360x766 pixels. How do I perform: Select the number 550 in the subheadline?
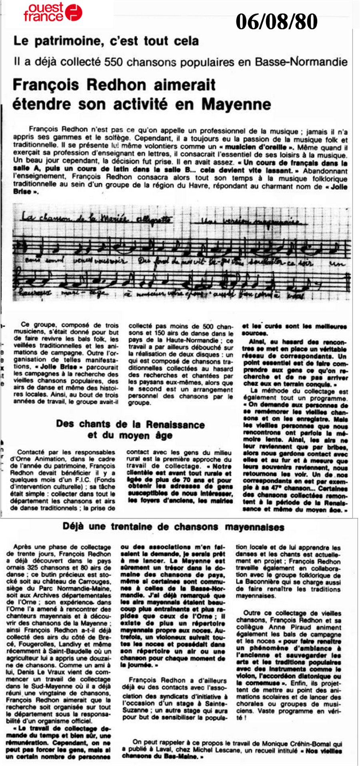pyautogui.click(x=114, y=62)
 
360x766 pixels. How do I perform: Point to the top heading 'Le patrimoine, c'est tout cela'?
pyautogui.click(x=106, y=41)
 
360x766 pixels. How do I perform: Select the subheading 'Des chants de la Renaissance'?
pyautogui.click(x=130, y=424)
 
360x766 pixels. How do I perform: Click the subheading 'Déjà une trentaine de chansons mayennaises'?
pyautogui.click(x=173, y=527)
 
